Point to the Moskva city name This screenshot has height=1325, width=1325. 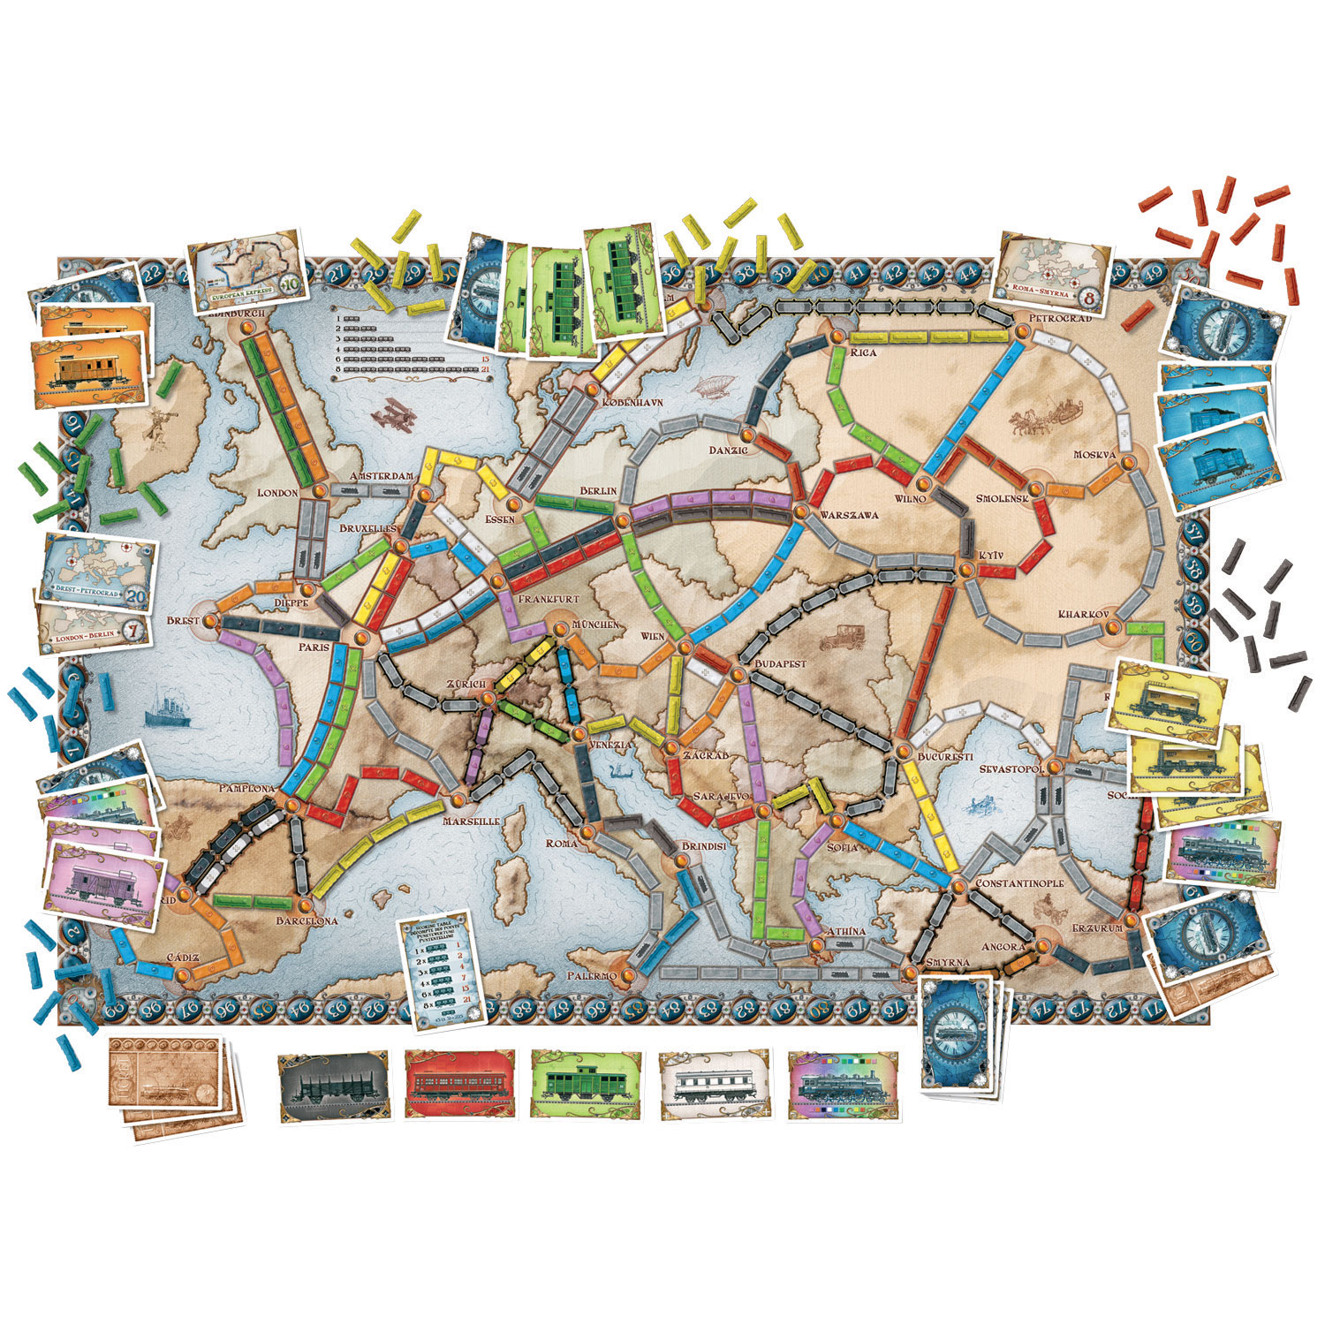point(1095,454)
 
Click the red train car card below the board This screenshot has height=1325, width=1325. point(460,1086)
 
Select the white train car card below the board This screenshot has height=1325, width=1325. point(715,1086)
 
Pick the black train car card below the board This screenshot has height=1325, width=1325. point(333,1087)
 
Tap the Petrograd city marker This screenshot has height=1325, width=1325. point(1023,331)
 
